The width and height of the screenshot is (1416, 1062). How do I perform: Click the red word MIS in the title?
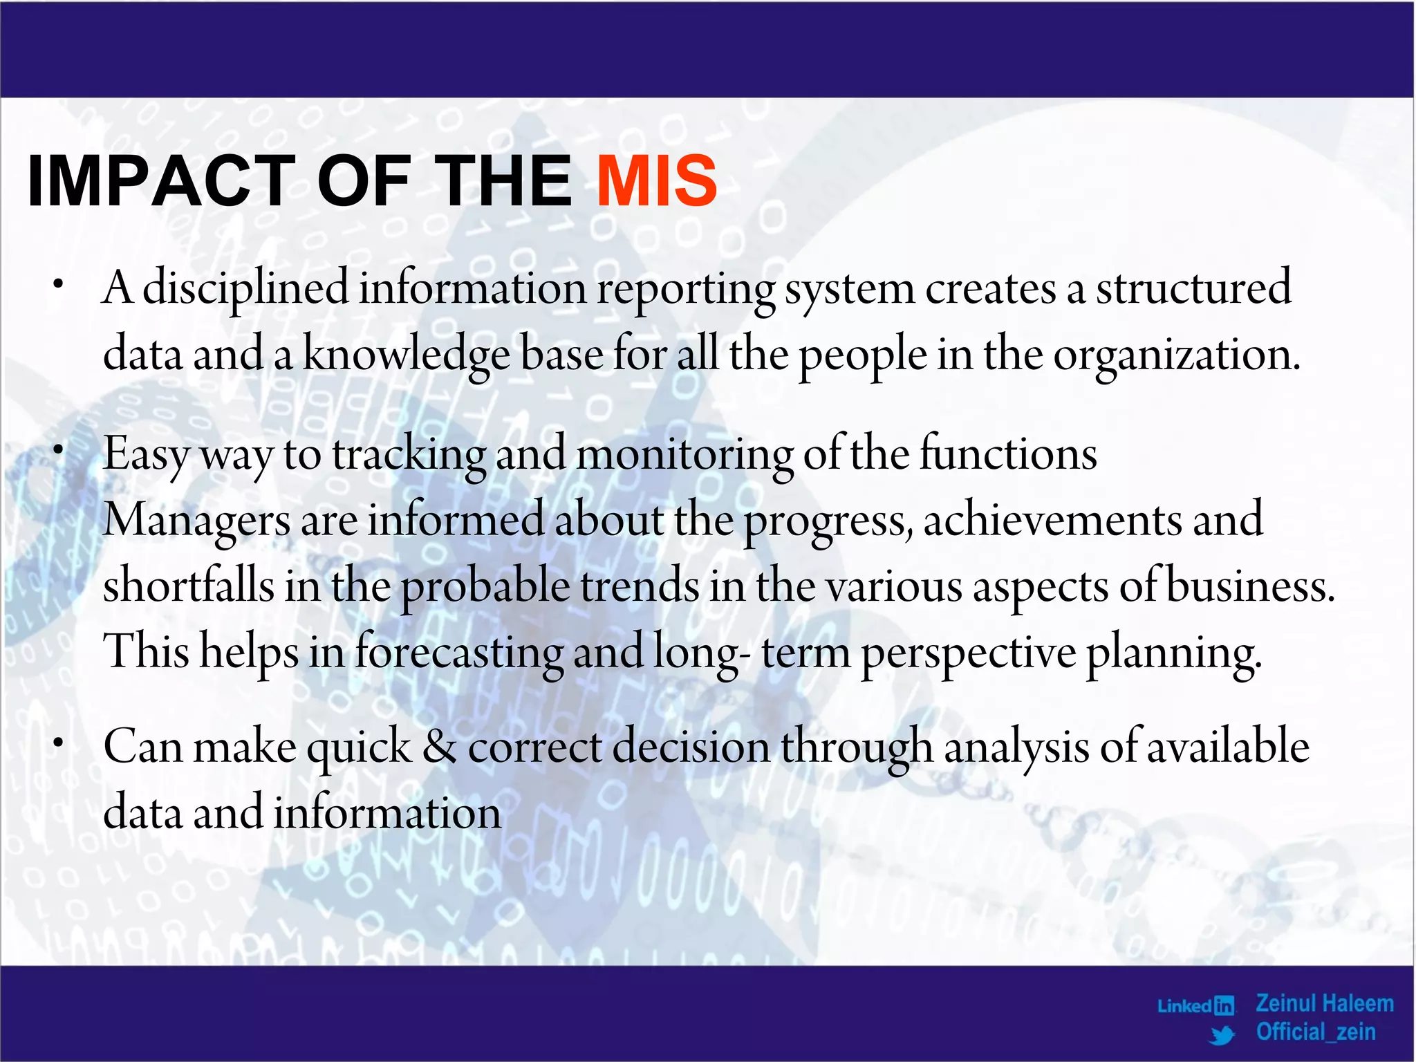[x=657, y=181]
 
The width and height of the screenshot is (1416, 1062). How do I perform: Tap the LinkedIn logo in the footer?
[x=1195, y=1005]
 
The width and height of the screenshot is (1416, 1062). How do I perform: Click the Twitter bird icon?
[x=1222, y=1035]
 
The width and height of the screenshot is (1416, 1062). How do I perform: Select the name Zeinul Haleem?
[x=1324, y=1003]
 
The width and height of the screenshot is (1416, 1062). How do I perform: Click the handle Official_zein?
[x=1315, y=1032]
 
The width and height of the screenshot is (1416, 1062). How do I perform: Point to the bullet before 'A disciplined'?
[x=59, y=284]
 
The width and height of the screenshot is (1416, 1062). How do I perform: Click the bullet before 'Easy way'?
[x=59, y=450]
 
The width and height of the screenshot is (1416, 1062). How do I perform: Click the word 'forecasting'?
[x=459, y=653]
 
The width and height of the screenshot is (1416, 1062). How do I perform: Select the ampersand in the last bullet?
[x=439, y=747]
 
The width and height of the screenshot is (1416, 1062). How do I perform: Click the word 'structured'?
[x=1193, y=288]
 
